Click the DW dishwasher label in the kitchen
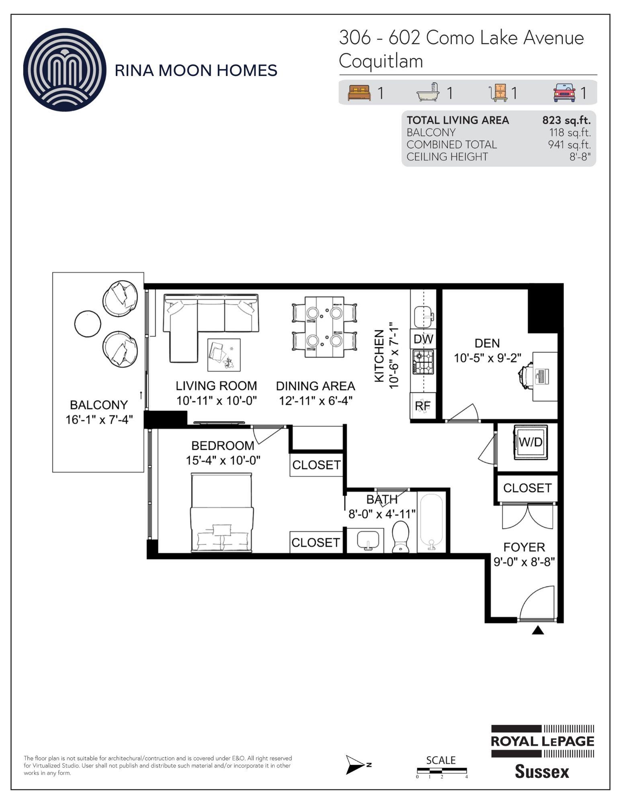point(423,339)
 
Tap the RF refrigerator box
point(423,406)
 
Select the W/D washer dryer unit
point(530,442)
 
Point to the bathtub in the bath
point(431,522)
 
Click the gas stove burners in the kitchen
point(423,363)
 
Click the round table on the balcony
point(88,324)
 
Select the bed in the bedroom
point(221,513)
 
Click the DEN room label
point(487,343)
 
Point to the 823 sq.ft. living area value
point(566,120)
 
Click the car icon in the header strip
point(565,92)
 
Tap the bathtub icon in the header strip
point(428,92)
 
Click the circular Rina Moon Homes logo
point(65,70)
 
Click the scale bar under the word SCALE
point(442,771)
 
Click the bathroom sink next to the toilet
point(368,539)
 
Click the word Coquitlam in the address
point(381,61)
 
